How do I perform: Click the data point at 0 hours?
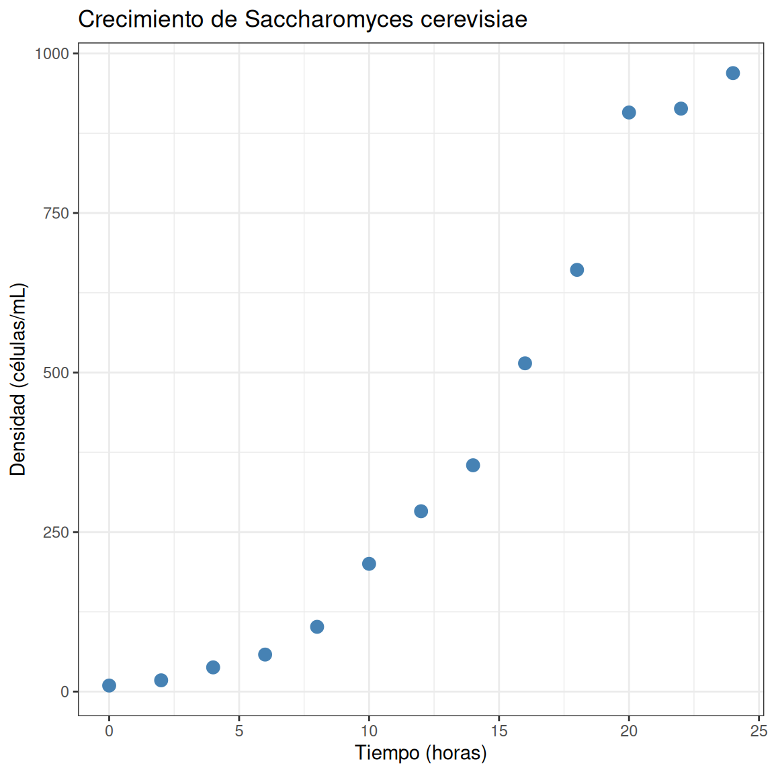click(109, 685)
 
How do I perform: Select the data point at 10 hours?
click(369, 564)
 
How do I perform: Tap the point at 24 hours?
click(732, 73)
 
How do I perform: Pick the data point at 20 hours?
click(629, 113)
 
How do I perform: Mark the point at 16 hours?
click(525, 363)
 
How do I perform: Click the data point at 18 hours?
click(576, 270)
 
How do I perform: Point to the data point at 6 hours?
click(265, 654)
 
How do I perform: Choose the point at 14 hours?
click(473, 465)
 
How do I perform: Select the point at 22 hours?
click(681, 109)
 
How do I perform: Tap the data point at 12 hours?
click(421, 511)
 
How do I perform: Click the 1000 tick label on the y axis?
click(52, 54)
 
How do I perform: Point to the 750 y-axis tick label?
click(56, 213)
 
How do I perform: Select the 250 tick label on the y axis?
click(56, 533)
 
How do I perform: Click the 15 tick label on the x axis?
click(499, 731)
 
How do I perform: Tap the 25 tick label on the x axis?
click(759, 731)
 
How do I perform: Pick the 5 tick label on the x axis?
click(239, 731)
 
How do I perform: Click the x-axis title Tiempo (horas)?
click(421, 753)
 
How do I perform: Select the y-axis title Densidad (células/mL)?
click(17, 380)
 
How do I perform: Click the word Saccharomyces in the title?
click(329, 20)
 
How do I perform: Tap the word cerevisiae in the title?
click(474, 19)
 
